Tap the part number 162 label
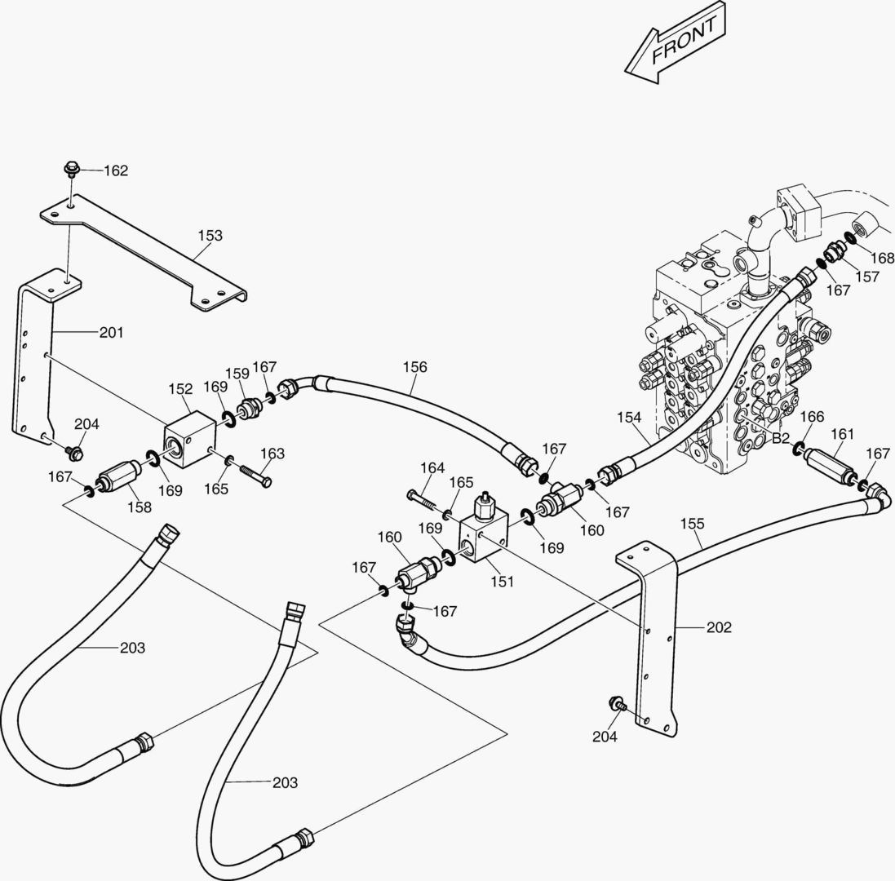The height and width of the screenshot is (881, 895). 116,170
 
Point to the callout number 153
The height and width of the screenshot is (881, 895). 210,236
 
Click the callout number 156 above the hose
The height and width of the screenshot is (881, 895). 414,367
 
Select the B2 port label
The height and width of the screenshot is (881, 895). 781,438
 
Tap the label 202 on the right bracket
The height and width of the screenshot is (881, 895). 719,627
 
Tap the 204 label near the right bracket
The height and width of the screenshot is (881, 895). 605,737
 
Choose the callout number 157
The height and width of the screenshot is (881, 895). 867,277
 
